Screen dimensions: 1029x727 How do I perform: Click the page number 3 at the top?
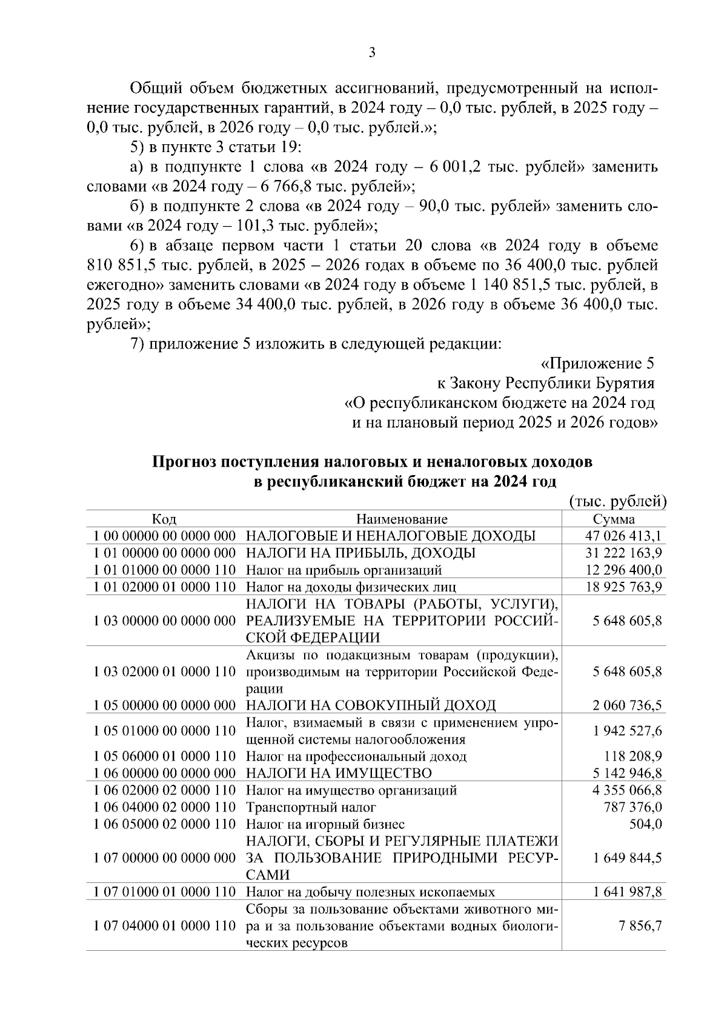(x=372, y=53)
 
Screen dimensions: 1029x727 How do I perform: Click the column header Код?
(x=164, y=519)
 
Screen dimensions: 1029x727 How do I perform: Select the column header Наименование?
(x=402, y=519)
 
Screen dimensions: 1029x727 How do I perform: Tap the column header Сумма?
(x=614, y=519)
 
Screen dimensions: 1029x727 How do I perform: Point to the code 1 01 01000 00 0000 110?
(x=165, y=570)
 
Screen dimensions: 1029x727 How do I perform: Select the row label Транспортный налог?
(x=311, y=808)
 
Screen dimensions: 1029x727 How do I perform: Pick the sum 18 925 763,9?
(x=624, y=587)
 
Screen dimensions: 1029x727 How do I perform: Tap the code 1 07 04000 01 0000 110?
(x=165, y=927)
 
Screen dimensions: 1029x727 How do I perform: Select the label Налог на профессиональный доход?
(x=356, y=757)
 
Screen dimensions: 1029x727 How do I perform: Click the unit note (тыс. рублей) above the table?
(x=618, y=502)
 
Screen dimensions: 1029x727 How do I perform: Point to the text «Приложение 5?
(x=597, y=364)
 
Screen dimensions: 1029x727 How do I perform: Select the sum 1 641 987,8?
(x=624, y=893)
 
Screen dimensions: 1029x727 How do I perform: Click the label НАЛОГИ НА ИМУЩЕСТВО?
(x=339, y=774)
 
